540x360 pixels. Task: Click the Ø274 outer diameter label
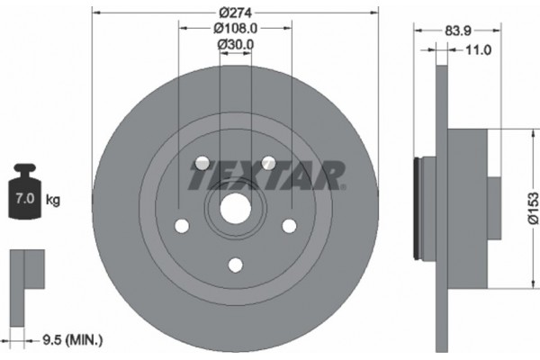point(235,13)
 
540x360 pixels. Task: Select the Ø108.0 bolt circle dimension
point(235,28)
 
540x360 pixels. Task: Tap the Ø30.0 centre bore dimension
point(235,43)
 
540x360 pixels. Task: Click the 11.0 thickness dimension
point(476,49)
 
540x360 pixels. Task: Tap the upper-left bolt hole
point(202,163)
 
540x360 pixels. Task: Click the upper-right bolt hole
point(268,163)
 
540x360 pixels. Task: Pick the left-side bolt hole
point(183,225)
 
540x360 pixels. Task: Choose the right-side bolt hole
point(289,225)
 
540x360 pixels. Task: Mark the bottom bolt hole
point(236,265)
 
